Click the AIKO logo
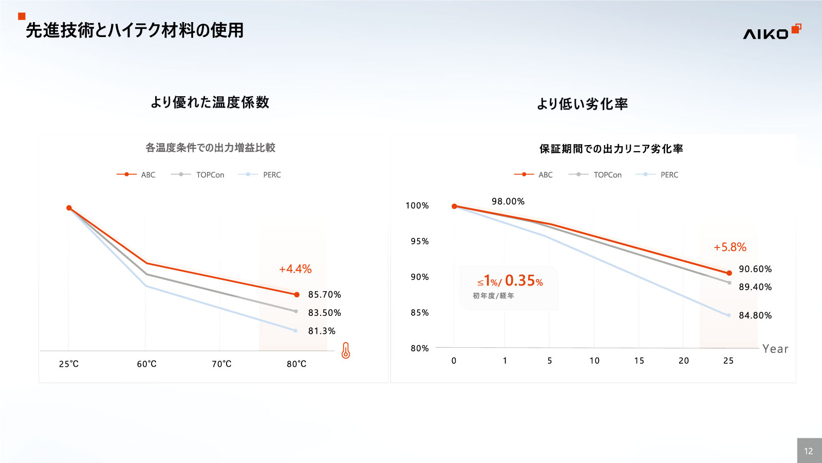(771, 32)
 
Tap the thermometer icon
(346, 351)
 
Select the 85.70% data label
(324, 295)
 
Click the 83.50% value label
(324, 313)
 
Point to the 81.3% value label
(322, 331)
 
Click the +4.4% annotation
(295, 269)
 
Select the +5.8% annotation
(730, 247)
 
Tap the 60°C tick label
(146, 364)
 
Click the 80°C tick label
(296, 364)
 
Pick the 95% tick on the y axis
(419, 241)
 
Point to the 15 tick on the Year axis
(639, 361)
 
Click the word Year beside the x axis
(775, 349)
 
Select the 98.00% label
(508, 202)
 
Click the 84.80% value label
(755, 315)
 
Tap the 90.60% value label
(755, 269)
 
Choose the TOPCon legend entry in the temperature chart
(210, 175)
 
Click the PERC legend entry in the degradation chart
(669, 175)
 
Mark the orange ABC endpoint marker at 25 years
(729, 273)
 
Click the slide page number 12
(809, 451)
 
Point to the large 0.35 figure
(520, 280)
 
